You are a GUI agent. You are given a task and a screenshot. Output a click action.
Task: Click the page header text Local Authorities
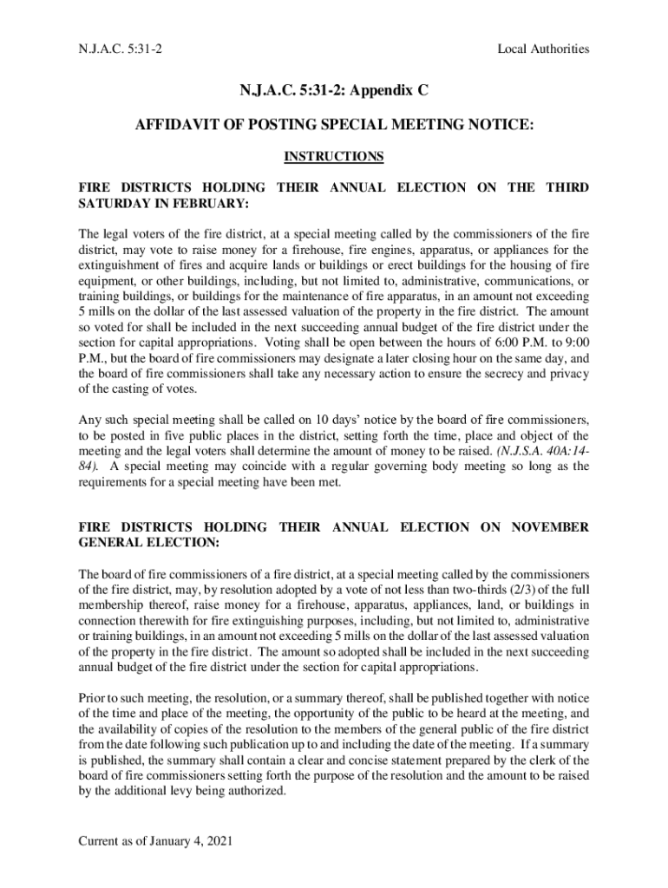[543, 49]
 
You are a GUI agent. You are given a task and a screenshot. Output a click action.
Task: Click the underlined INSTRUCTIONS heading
[334, 157]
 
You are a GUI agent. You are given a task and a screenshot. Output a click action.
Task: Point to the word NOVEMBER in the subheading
[550, 527]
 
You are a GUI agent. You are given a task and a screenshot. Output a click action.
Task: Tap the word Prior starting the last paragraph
[91, 699]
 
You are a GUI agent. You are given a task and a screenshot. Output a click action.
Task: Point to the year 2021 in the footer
[220, 841]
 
